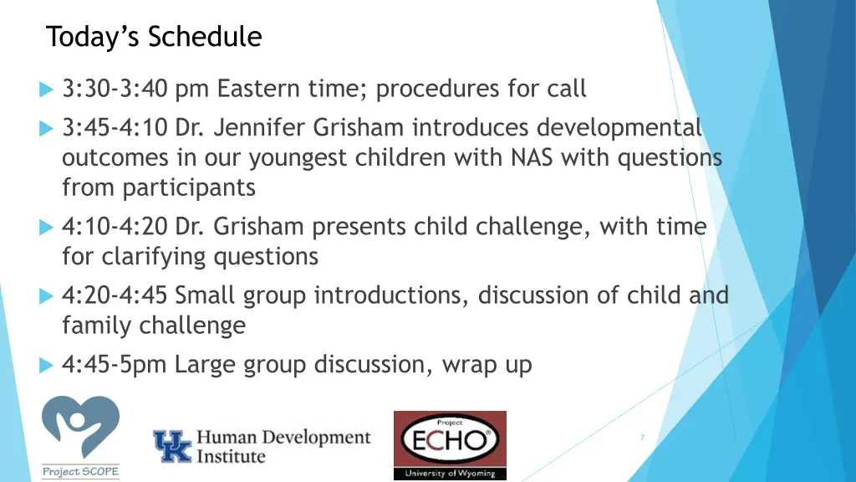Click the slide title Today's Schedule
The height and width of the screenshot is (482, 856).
[154, 38]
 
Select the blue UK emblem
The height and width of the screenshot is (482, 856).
[171, 446]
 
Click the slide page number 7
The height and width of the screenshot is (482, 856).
[641, 438]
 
